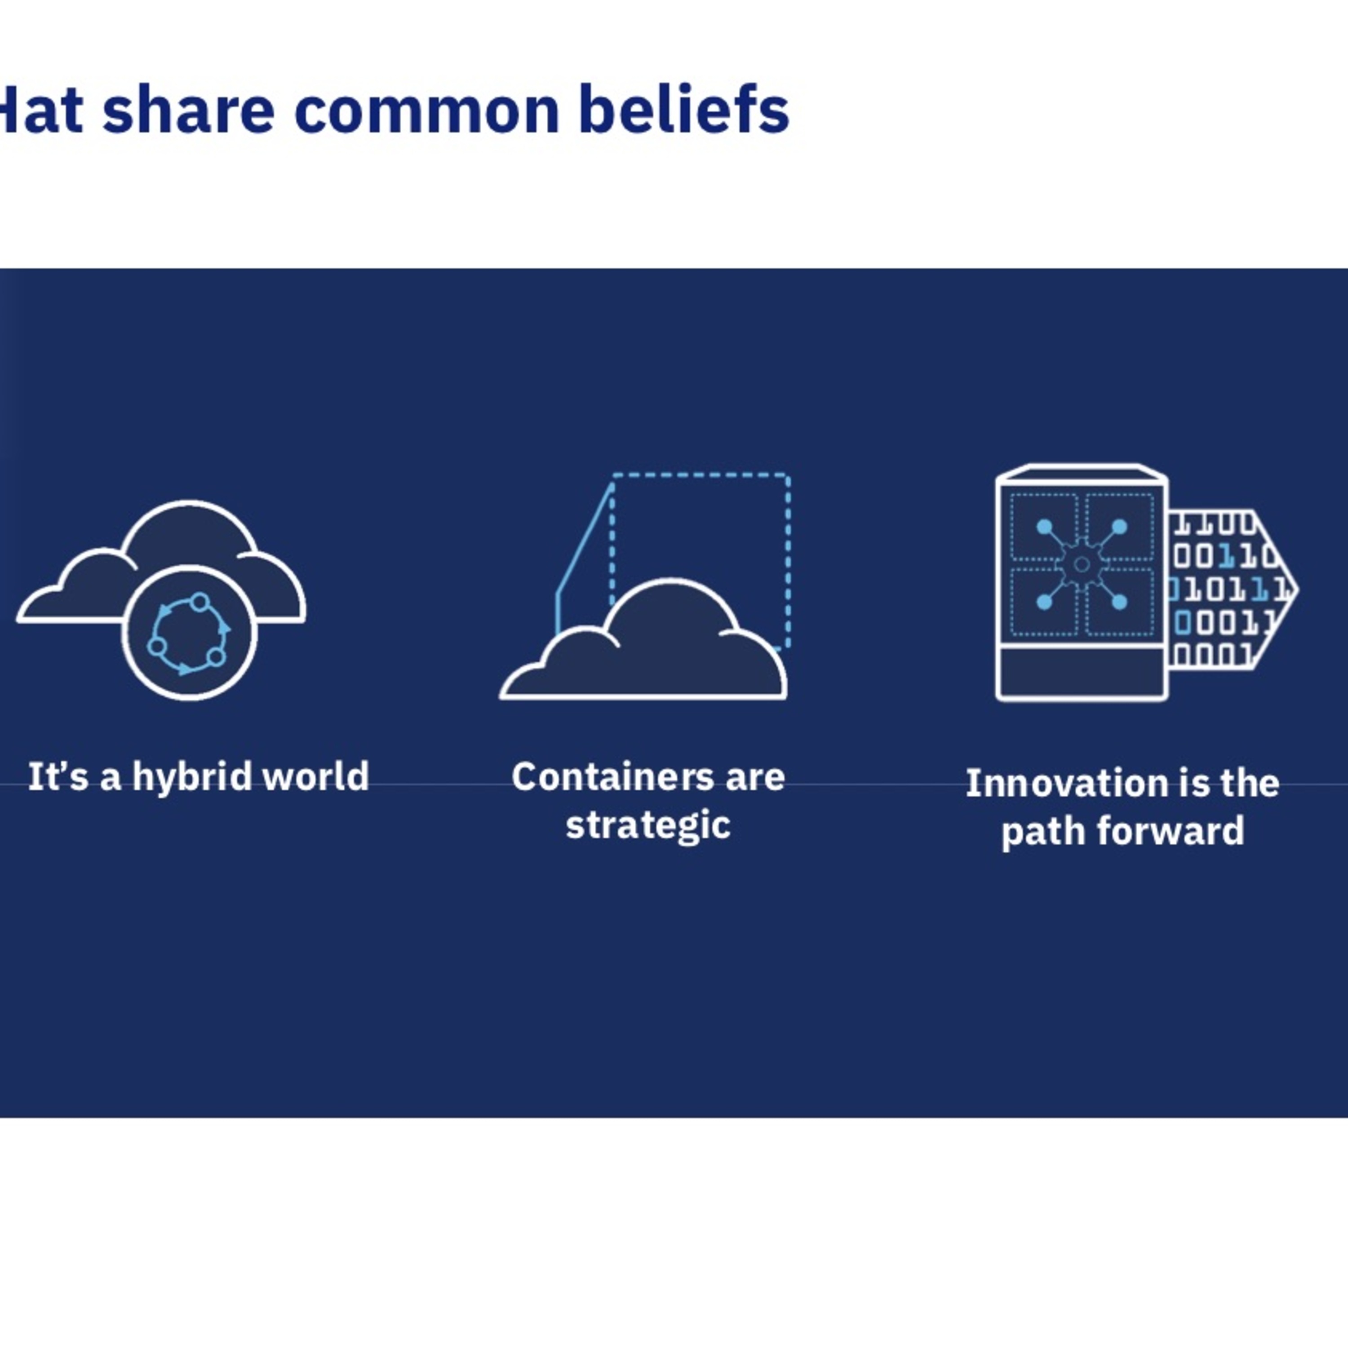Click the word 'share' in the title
(x=188, y=110)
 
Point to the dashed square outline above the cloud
(x=789, y=558)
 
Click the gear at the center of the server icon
(x=1082, y=564)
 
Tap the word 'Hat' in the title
(x=40, y=110)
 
